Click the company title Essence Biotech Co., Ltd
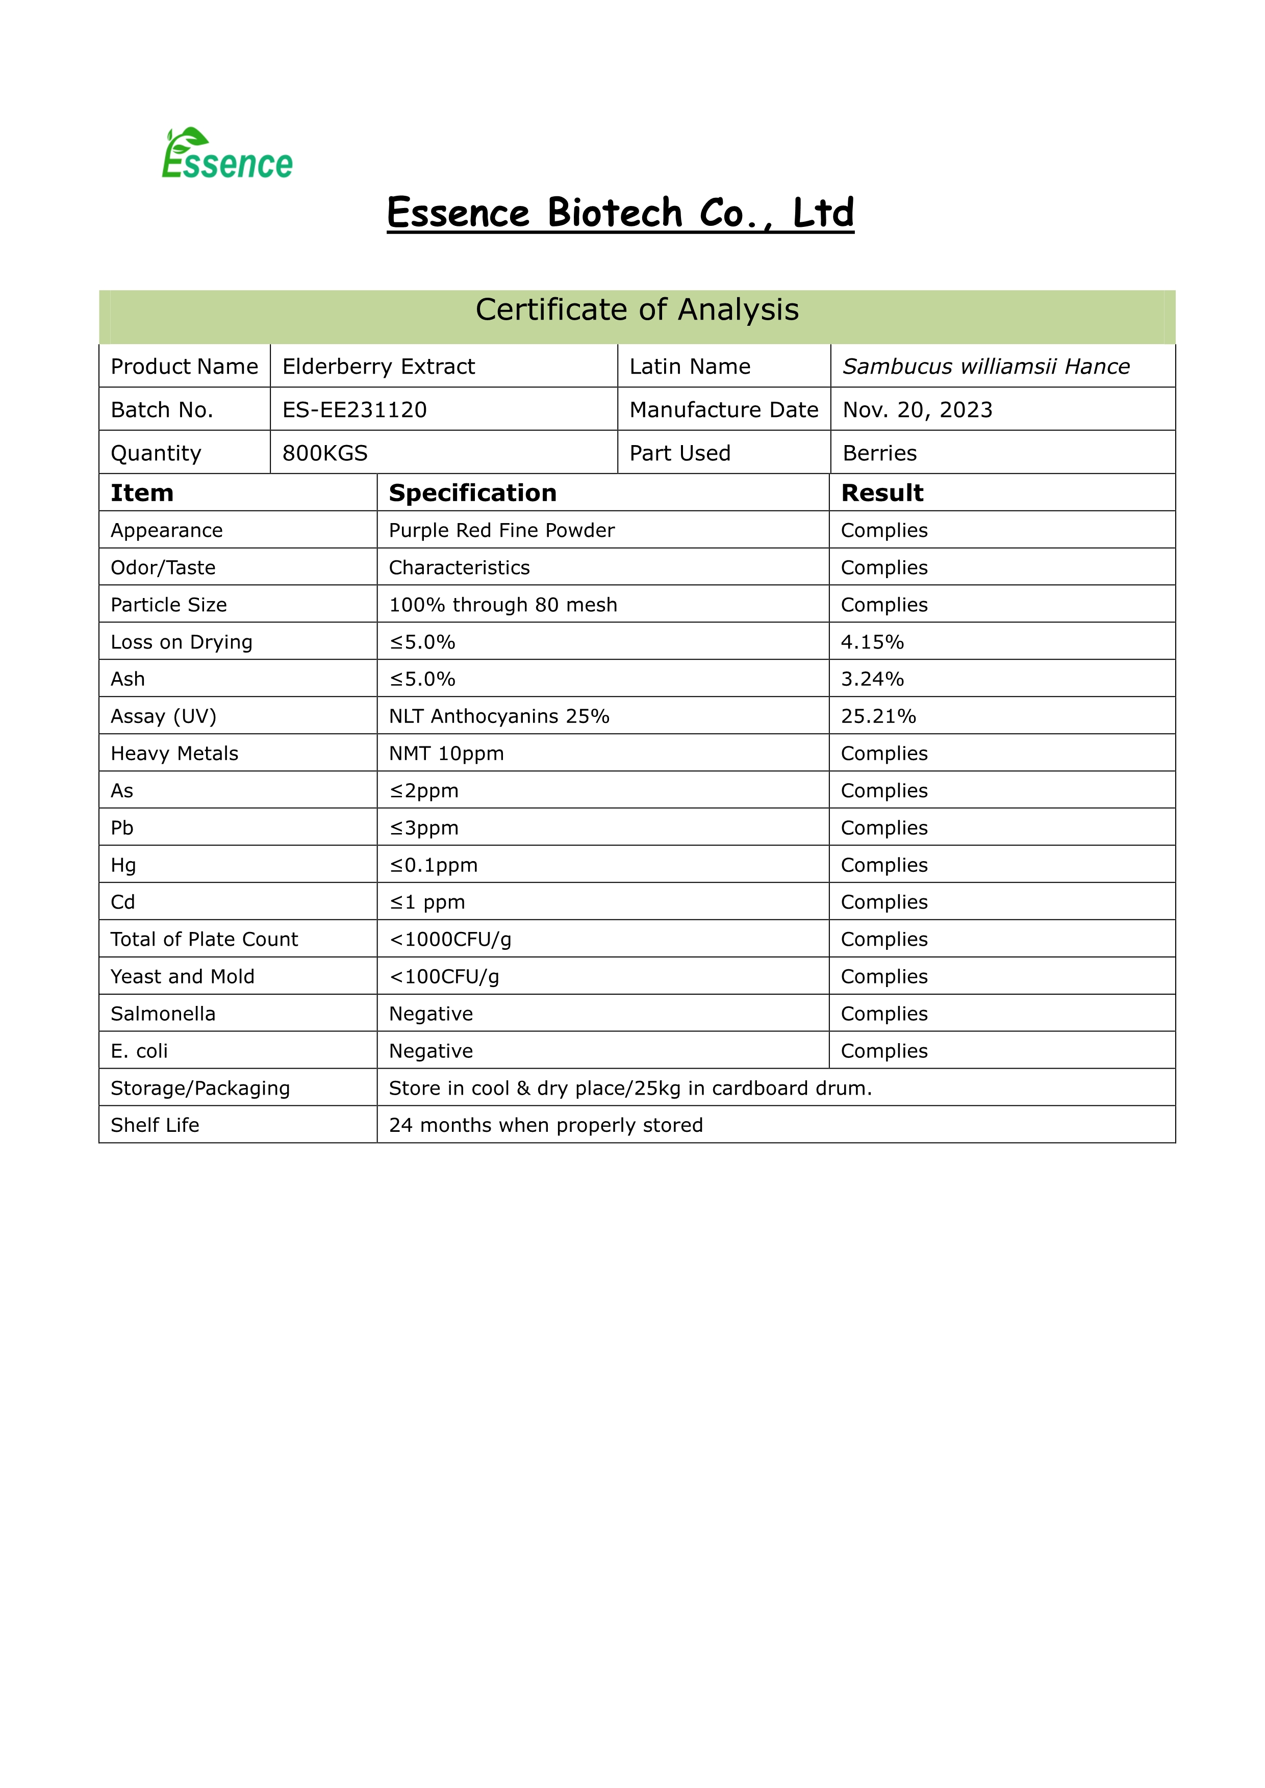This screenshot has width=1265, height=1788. (x=620, y=213)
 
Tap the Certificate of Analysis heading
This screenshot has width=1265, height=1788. (x=637, y=310)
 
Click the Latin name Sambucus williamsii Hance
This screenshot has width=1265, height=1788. (x=985, y=366)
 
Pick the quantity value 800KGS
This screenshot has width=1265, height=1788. (x=325, y=453)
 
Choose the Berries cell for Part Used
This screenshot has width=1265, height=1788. (x=879, y=453)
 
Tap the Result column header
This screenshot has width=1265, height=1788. (x=882, y=493)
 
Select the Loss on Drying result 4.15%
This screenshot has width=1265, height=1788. (x=872, y=642)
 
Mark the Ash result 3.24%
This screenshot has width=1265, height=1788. (x=872, y=679)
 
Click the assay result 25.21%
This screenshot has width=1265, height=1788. (x=878, y=716)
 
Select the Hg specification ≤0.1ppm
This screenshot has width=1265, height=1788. (x=433, y=865)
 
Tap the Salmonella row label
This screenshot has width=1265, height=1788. (x=163, y=1014)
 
